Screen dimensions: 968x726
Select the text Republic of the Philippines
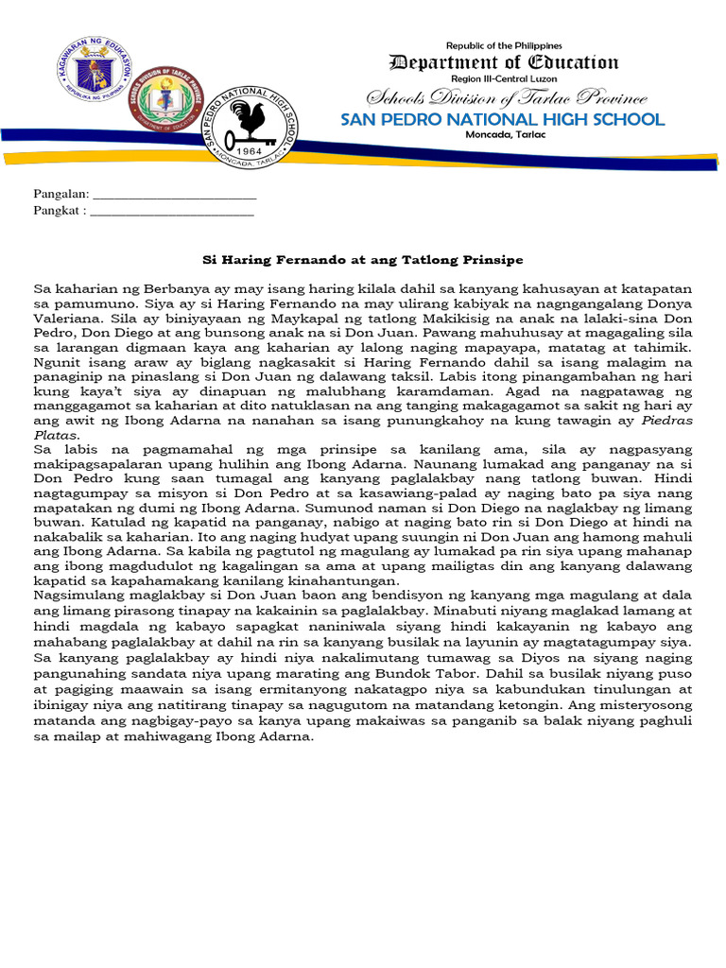pos(504,45)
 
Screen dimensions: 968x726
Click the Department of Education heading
pos(504,63)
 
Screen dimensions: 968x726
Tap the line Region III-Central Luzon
pos(504,80)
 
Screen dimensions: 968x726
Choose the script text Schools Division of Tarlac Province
pos(507,99)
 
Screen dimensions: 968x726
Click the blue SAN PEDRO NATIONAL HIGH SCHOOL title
pos(503,120)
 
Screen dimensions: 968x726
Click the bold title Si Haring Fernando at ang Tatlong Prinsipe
pos(364,259)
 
